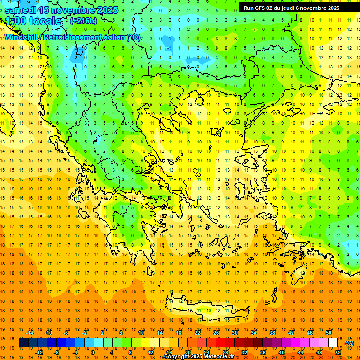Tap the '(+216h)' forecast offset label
point(83,21)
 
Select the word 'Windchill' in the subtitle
point(22,37)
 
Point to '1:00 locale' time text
point(34,21)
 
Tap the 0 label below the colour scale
point(93,352)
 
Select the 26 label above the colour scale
point(216,333)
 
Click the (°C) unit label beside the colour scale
point(349,343)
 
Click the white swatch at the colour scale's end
point(333,343)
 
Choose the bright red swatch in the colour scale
point(221,343)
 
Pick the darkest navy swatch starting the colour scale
point(24,343)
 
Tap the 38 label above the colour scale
point(272,333)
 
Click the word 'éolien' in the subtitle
point(109,37)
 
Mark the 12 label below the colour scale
point(151,352)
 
